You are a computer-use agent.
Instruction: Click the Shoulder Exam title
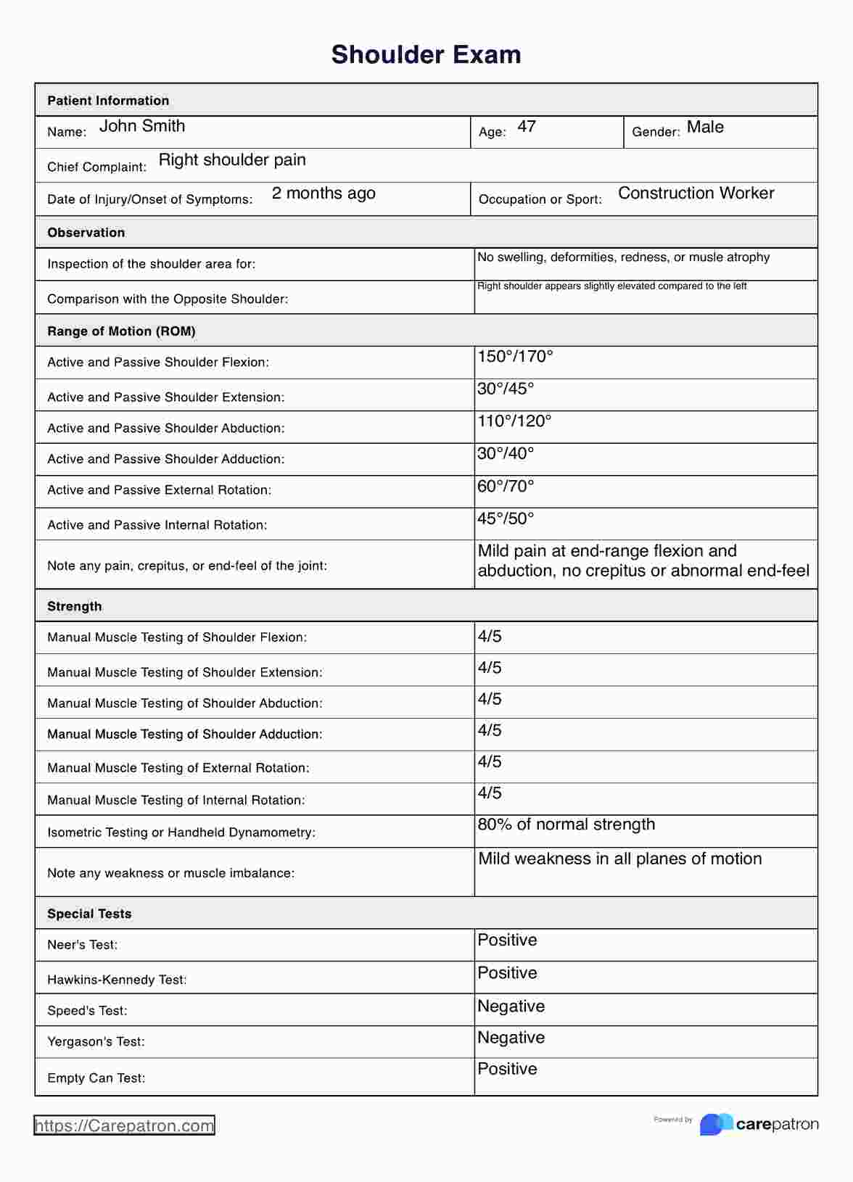tap(426, 55)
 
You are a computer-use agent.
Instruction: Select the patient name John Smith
tap(142, 126)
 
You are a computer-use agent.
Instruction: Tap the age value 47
tap(527, 127)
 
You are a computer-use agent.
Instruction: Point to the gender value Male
tap(705, 128)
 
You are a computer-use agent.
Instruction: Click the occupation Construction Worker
tap(696, 194)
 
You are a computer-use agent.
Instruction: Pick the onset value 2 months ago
tap(324, 194)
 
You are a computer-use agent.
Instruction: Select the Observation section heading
tap(86, 233)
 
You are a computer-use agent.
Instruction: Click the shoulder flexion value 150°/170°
tap(515, 357)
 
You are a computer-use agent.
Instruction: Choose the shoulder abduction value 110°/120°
tap(514, 421)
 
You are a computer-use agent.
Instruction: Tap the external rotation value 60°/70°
tap(506, 487)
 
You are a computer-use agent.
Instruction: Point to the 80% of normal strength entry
tap(566, 824)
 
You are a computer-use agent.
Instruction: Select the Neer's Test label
tap(83, 945)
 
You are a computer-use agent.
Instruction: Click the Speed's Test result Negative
tap(511, 1007)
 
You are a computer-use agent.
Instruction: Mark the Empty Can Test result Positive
tap(507, 1070)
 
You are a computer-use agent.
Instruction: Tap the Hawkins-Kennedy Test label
tap(117, 980)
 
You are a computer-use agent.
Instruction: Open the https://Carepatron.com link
tap(124, 1125)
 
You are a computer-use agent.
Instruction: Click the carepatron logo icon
tap(715, 1124)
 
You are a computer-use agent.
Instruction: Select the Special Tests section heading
tap(89, 914)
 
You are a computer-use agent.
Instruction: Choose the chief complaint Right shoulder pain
tap(232, 160)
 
